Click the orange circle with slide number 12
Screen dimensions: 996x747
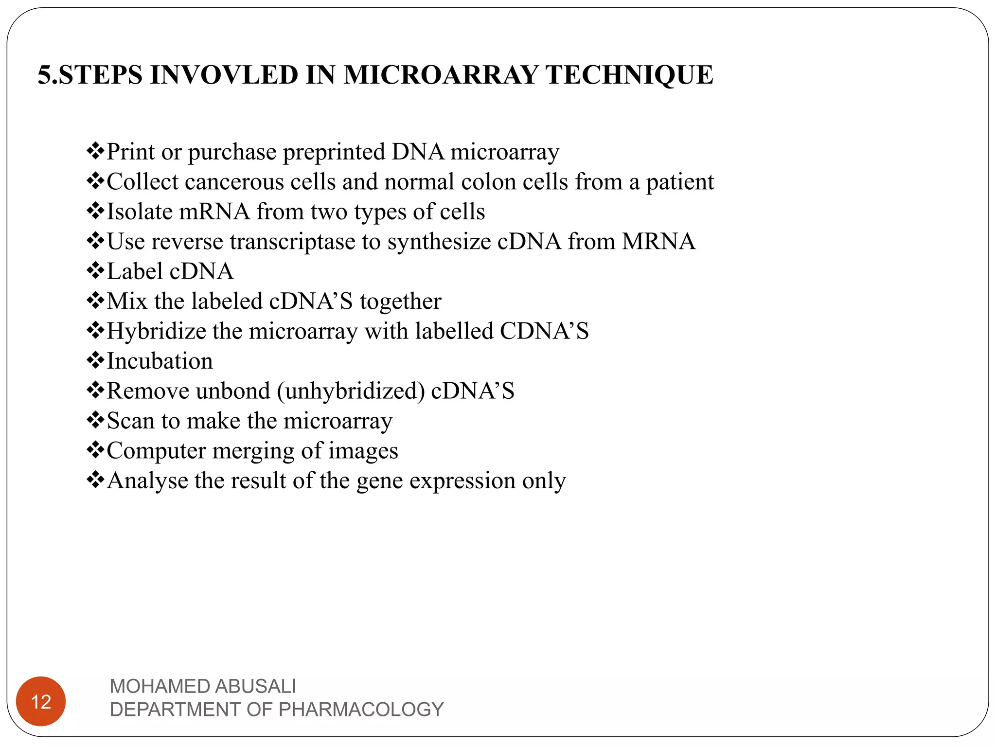[x=41, y=701]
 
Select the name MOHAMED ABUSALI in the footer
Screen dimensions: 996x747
[x=203, y=686]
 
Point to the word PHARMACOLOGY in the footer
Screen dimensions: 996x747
[x=361, y=710]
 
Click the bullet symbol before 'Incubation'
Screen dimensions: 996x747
[x=95, y=360]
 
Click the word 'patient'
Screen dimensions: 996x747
[x=679, y=182]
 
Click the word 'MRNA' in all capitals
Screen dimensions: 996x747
[x=658, y=242]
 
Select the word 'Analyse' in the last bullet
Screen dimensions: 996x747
[x=147, y=481]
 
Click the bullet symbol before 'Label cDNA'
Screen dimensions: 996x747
[x=95, y=271]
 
